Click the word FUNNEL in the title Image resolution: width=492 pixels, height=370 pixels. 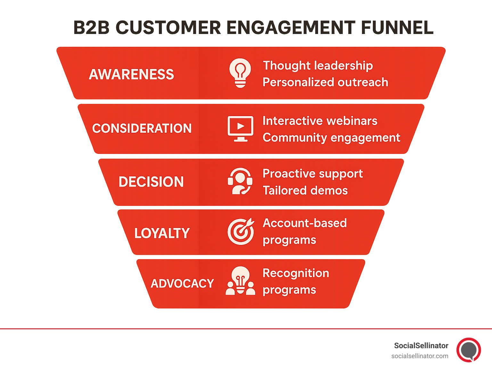(x=397, y=28)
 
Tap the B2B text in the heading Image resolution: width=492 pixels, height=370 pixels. (x=91, y=28)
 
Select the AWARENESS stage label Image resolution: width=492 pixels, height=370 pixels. (x=131, y=74)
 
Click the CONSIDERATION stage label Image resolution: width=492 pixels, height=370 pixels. (x=142, y=128)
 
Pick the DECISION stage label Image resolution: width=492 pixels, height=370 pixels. (x=151, y=182)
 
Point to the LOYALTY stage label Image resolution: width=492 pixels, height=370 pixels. (x=162, y=233)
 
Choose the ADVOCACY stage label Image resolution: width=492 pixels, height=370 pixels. (x=182, y=283)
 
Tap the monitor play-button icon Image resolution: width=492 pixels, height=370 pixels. (x=240, y=128)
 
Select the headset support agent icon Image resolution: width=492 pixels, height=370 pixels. (x=240, y=181)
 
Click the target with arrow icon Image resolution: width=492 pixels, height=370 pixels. (x=241, y=231)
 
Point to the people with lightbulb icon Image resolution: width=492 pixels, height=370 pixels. (x=240, y=281)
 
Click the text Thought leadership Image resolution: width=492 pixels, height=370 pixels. (x=318, y=66)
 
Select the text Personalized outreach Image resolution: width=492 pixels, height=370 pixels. (x=325, y=82)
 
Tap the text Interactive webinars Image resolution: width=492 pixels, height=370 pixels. (x=320, y=121)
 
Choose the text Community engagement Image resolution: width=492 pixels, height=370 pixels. (x=332, y=138)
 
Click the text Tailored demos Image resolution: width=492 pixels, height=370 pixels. (x=305, y=190)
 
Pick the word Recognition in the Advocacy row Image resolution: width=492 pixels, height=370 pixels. (x=296, y=273)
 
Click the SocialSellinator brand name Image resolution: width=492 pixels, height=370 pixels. (x=421, y=346)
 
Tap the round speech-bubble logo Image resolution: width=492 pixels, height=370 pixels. (x=469, y=349)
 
